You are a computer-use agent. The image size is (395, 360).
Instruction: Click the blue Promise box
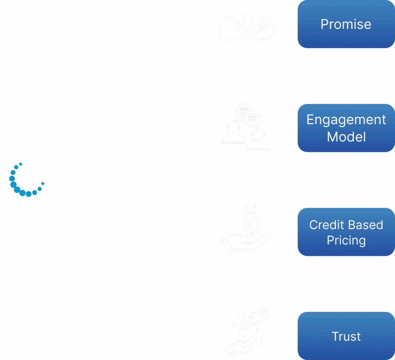click(x=346, y=24)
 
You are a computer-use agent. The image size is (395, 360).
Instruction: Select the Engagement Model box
click(x=346, y=128)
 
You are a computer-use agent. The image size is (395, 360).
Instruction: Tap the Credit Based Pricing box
click(x=346, y=232)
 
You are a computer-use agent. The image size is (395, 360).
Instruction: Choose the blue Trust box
click(x=346, y=336)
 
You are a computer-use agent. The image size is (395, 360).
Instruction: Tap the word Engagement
click(x=346, y=120)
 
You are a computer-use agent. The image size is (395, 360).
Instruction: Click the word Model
click(x=346, y=137)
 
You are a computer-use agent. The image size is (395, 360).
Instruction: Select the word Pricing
click(x=346, y=241)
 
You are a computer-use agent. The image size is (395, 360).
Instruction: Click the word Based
click(x=365, y=225)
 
